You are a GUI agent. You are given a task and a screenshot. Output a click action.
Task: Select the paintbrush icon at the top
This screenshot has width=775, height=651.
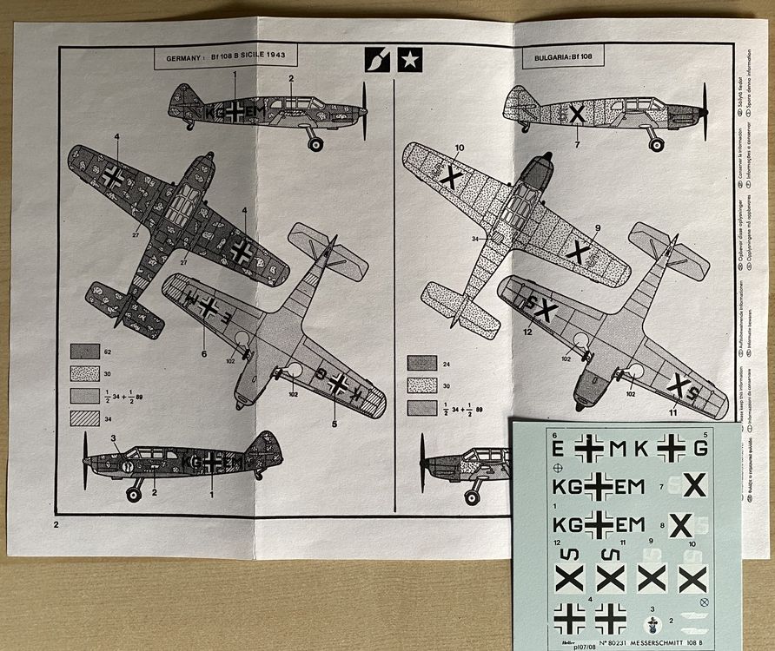tap(375, 59)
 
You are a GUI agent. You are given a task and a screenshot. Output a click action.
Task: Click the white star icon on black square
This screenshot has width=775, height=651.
tap(407, 59)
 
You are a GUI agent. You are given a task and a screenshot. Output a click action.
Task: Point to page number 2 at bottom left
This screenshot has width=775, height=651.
tap(56, 524)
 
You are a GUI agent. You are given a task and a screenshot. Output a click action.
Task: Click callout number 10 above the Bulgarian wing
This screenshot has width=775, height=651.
tap(460, 148)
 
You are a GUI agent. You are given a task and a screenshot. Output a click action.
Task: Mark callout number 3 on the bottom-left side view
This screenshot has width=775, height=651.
tap(113, 437)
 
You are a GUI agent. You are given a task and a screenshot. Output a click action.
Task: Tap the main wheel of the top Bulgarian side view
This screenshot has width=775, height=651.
tap(657, 144)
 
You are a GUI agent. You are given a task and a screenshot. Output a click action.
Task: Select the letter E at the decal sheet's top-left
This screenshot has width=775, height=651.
tap(556, 450)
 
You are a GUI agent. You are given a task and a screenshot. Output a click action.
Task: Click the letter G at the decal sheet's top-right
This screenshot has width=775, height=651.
tap(701, 450)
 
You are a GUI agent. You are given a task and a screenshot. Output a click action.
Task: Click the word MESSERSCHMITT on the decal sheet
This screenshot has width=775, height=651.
tap(647, 642)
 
